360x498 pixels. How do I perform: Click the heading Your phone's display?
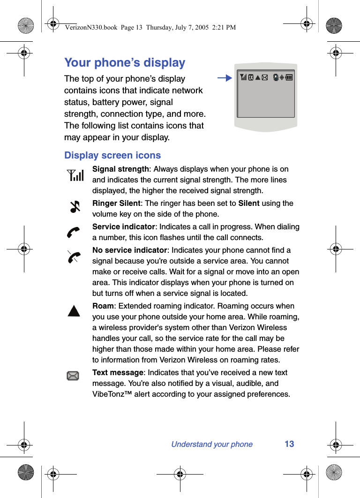click(125, 63)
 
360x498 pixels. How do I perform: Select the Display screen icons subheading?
click(112, 155)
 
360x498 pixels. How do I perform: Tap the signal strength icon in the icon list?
click(75, 175)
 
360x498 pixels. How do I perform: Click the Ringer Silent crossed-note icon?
click(75, 206)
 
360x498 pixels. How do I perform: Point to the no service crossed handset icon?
click(74, 257)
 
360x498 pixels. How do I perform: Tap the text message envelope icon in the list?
click(73, 375)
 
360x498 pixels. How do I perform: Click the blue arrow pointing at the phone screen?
click(225, 78)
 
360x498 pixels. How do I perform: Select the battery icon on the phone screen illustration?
click(289, 78)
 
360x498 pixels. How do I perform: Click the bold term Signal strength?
click(120, 169)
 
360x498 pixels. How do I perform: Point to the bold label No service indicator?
click(129, 250)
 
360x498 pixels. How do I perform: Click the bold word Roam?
click(103, 306)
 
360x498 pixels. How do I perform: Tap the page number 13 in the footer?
click(289, 444)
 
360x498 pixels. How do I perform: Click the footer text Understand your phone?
click(212, 444)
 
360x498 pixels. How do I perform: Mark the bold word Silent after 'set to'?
click(249, 203)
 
